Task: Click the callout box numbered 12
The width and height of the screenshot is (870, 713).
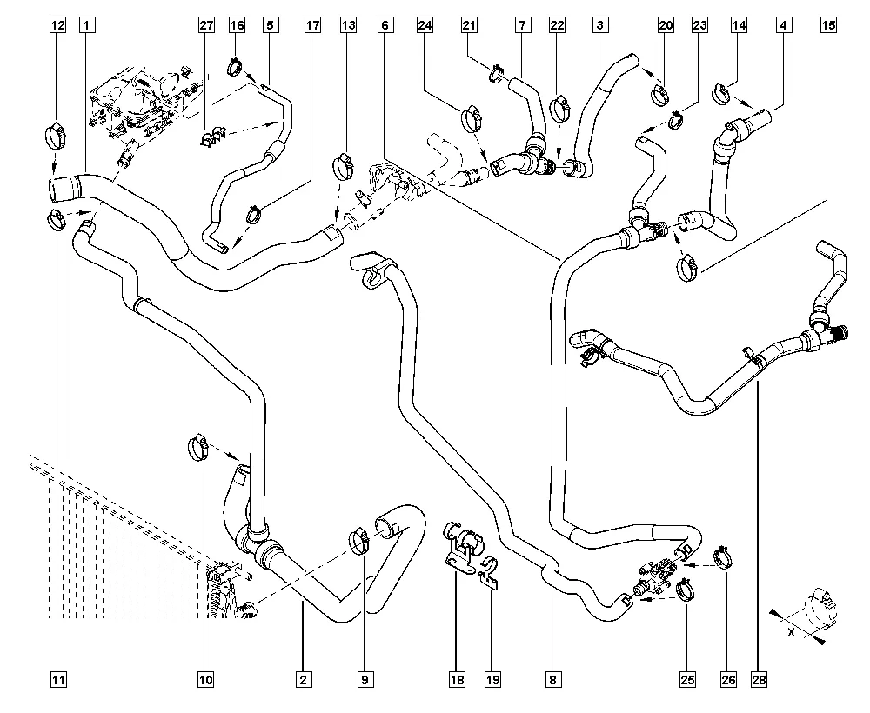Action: point(58,26)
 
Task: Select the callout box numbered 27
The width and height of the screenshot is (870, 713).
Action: point(206,26)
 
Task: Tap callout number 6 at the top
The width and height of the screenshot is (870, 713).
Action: point(384,26)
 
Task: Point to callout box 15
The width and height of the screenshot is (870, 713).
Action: point(829,26)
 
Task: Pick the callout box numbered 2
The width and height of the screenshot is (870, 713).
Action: point(302,678)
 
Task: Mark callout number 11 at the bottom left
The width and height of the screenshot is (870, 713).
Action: point(58,678)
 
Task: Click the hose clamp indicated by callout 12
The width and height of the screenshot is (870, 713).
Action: point(55,136)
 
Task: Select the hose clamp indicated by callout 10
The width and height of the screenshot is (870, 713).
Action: point(198,448)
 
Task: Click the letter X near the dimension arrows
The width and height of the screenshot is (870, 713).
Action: point(791,632)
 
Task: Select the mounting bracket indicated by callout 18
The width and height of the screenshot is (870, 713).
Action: point(461,548)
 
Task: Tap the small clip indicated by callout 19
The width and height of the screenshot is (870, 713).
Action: point(489,573)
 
